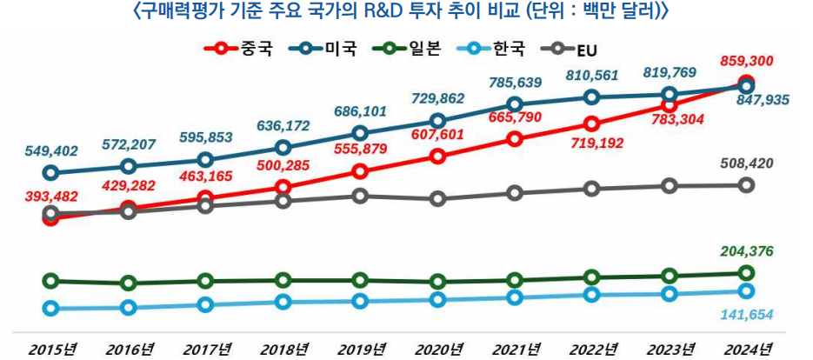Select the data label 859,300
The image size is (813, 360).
coord(747,62)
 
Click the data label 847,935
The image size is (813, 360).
coord(761,101)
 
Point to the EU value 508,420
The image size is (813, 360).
coord(747,163)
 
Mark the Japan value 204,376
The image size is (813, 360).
coord(747,251)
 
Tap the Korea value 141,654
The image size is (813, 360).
coord(747,314)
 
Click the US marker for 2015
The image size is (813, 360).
coord(50,172)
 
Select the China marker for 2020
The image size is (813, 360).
coord(437,157)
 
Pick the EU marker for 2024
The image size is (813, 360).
coord(746,184)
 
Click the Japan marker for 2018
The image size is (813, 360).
coord(283,280)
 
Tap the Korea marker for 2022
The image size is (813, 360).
coord(592,295)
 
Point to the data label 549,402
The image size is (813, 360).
coord(50,150)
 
